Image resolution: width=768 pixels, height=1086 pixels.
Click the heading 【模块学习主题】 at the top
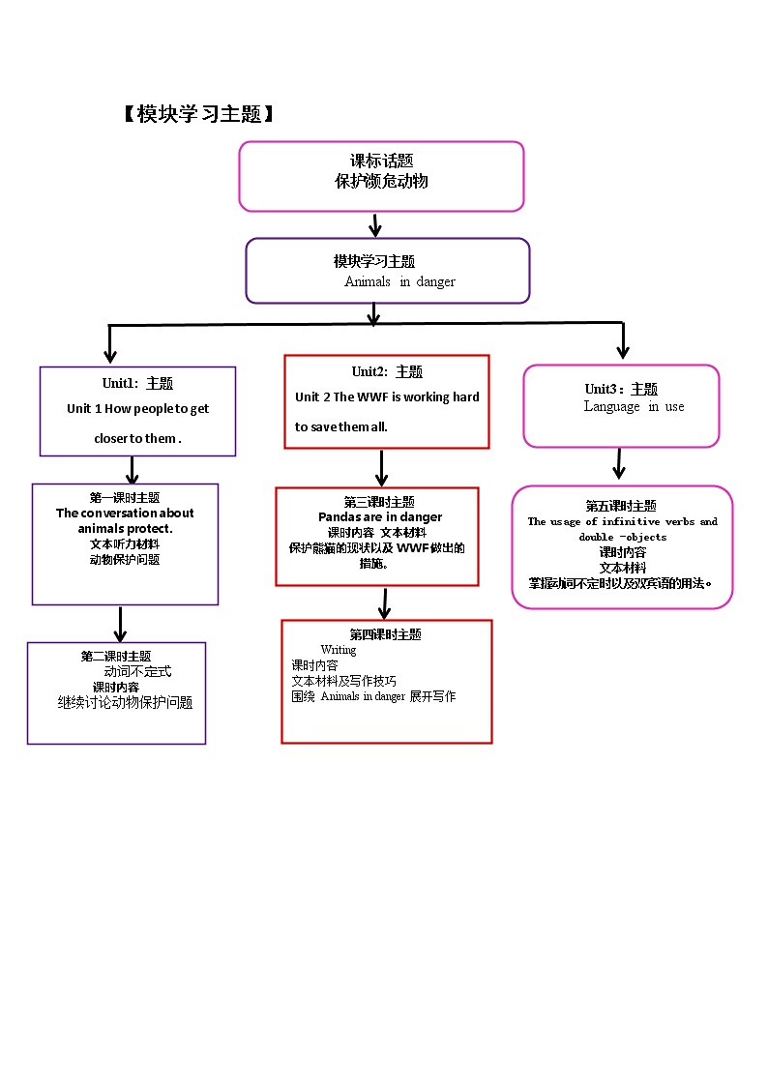pyautogui.click(x=200, y=114)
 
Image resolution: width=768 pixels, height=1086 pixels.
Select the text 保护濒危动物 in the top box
pyautogui.click(x=381, y=181)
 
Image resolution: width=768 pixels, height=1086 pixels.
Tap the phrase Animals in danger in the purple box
pyautogui.click(x=399, y=281)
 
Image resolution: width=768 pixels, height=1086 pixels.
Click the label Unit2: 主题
pyautogui.click(x=387, y=371)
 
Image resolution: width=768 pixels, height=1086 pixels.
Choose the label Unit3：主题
pyautogui.click(x=621, y=389)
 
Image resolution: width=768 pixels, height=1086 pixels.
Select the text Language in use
pyautogui.click(x=634, y=406)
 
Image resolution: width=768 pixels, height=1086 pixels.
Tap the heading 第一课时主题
pyautogui.click(x=125, y=498)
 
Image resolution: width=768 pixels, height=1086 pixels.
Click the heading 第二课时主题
pyautogui.click(x=116, y=657)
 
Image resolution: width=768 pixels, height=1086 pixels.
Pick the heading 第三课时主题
pyautogui.click(x=379, y=502)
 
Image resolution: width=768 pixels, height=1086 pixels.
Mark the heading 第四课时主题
pyautogui.click(x=385, y=634)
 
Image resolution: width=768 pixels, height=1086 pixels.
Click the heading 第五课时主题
pyautogui.click(x=621, y=506)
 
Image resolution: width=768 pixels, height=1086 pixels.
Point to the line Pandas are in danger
pyautogui.click(x=380, y=517)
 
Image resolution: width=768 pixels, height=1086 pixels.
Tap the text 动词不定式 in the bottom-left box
pyautogui.click(x=138, y=671)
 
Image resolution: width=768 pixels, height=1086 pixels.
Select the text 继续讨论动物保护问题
pyautogui.click(x=125, y=703)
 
